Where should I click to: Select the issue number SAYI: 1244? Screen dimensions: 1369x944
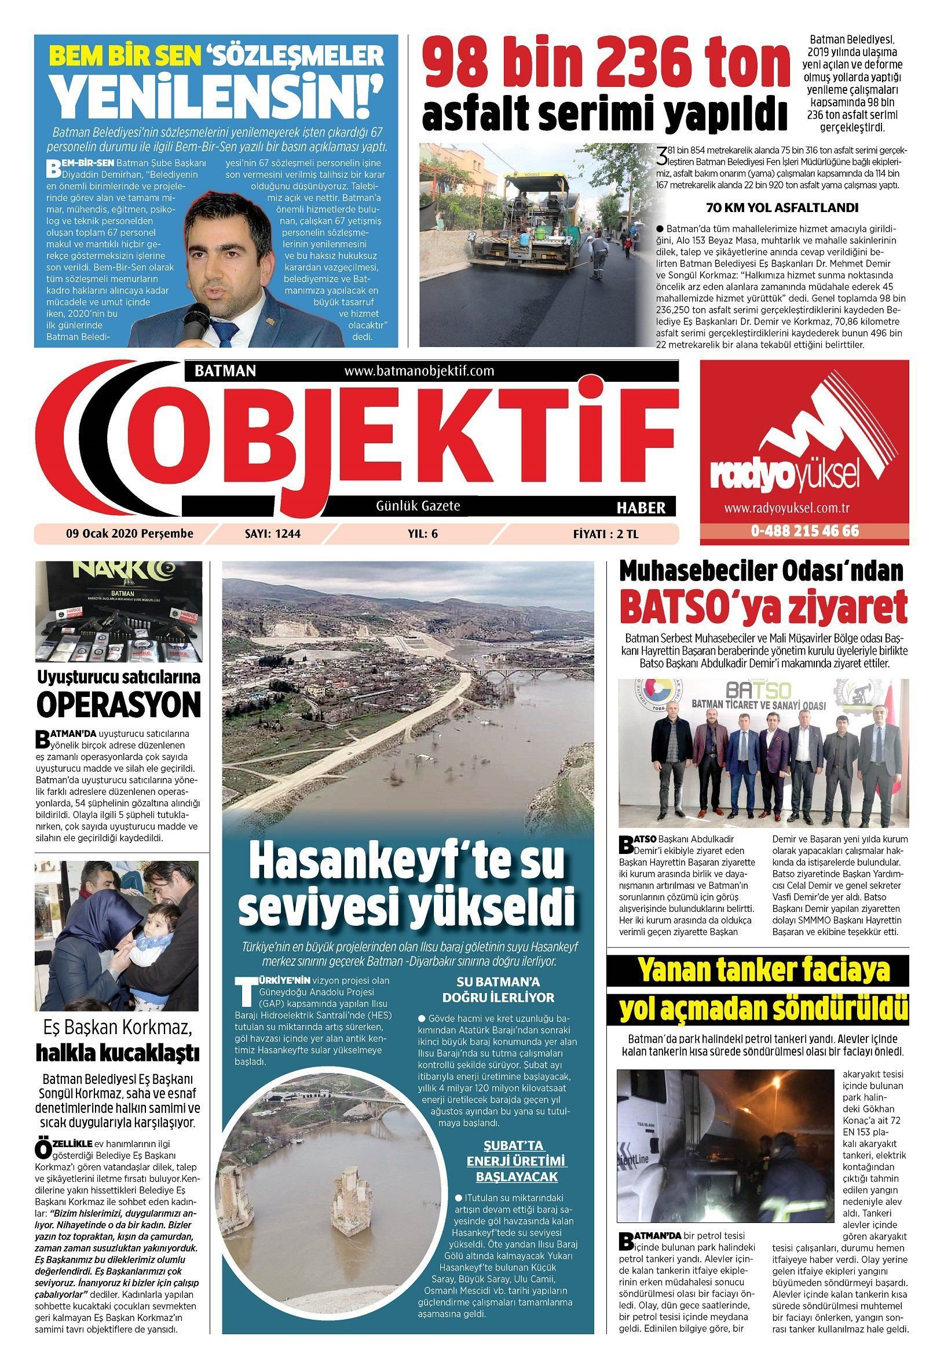273,534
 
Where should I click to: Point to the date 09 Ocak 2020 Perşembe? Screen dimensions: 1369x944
130,534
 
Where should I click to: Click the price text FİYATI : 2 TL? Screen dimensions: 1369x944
606,534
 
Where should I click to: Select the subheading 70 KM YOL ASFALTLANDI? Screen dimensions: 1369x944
781,208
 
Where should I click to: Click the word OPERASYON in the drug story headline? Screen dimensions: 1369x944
118,704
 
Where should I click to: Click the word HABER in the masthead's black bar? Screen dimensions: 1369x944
641,508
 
